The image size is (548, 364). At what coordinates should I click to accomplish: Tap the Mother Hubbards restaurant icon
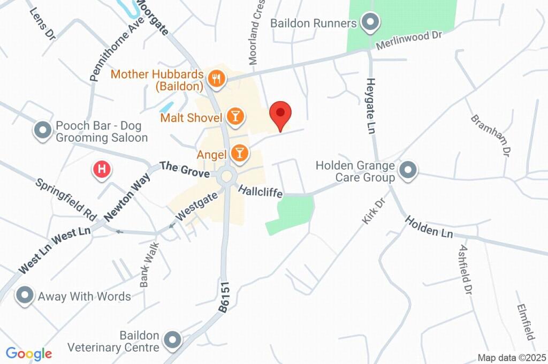click(216, 79)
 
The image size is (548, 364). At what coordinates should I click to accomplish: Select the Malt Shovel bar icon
click(234, 116)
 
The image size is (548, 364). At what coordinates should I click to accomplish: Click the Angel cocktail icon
click(239, 154)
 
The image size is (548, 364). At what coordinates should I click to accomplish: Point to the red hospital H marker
click(102, 170)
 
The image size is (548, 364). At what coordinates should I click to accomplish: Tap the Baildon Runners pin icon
click(369, 23)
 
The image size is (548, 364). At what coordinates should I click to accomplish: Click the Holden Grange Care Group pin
click(408, 171)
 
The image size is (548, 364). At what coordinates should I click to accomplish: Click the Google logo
click(29, 354)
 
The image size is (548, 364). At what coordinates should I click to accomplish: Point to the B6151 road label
click(224, 297)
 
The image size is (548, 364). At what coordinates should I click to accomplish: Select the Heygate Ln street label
click(371, 104)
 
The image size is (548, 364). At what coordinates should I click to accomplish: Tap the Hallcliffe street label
click(260, 191)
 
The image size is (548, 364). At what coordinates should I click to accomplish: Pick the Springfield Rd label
click(66, 200)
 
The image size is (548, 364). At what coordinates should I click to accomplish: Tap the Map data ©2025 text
click(512, 357)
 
